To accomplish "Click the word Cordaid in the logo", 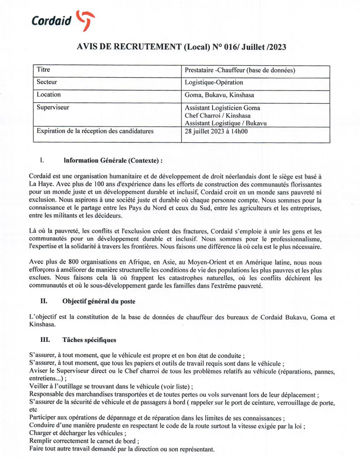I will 51,21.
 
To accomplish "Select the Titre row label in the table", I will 44,69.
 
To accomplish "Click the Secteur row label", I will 47,82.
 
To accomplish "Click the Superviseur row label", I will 53,108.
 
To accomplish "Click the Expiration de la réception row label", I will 95,132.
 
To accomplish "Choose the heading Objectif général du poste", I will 99,301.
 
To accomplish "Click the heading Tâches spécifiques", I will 89,340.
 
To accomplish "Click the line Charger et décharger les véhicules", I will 78,433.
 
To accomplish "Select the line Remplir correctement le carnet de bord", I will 84,441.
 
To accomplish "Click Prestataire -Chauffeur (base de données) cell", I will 240,70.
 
